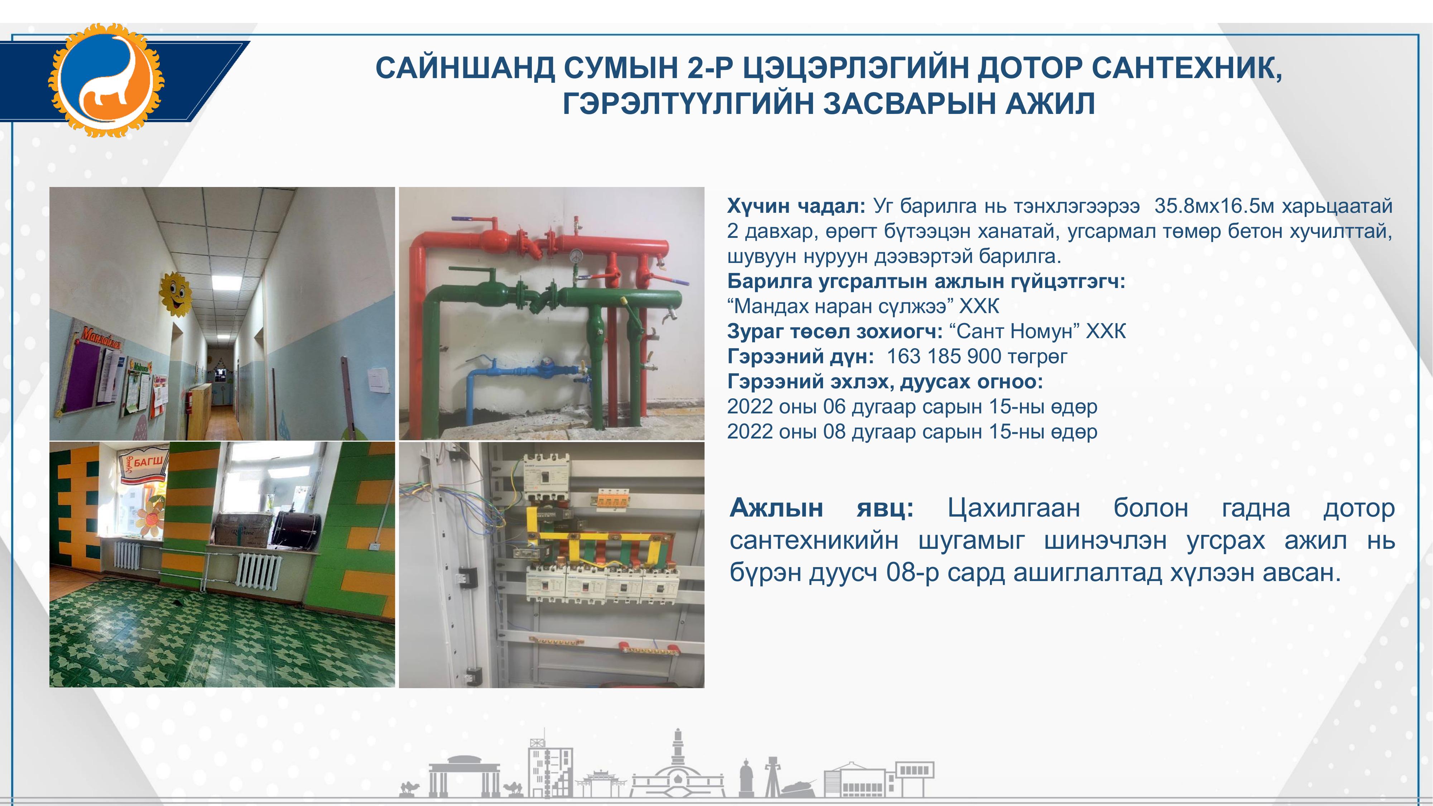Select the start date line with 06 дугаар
[x=912, y=407]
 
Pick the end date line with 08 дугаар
[x=912, y=432]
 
